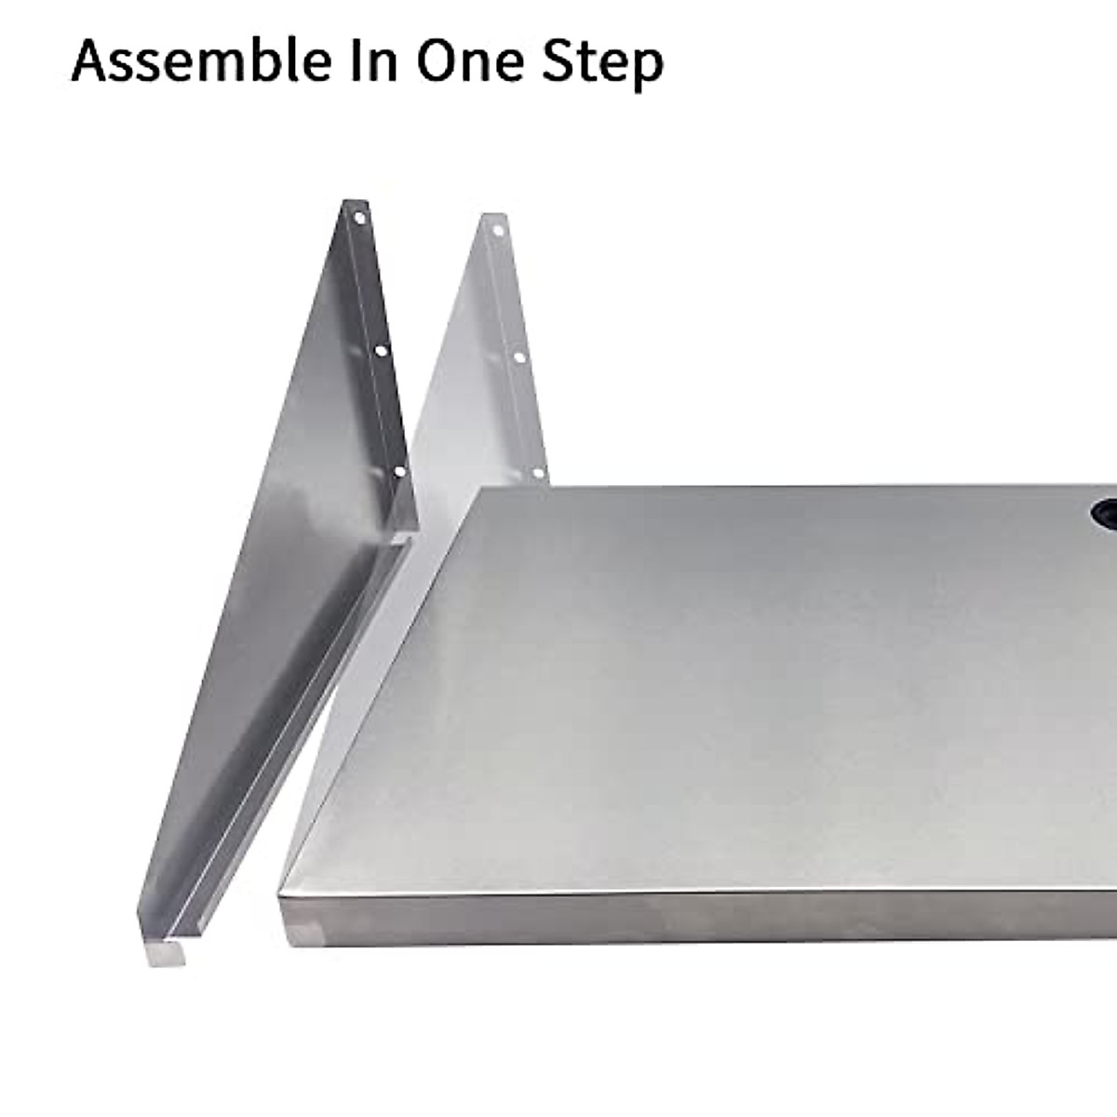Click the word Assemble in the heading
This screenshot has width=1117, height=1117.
tap(201, 61)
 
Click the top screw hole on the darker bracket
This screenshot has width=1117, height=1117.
tap(359, 219)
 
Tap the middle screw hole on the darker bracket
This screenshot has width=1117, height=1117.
tap(381, 351)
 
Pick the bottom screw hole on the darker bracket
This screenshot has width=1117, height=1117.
tap(399, 472)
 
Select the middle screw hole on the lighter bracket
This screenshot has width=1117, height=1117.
tap(519, 357)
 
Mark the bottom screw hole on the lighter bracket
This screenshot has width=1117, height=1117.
tap(538, 473)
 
